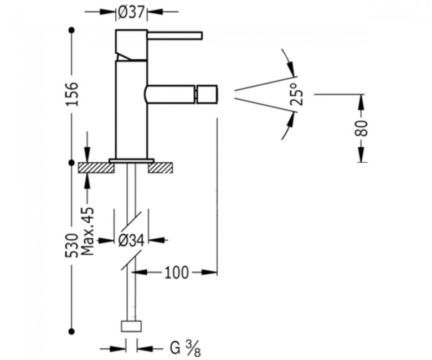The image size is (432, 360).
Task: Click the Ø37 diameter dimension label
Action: tap(131, 12)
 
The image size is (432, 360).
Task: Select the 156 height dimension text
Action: tap(72, 94)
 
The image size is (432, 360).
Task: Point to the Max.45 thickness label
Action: tap(88, 231)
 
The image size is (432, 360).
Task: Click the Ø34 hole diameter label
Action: tap(131, 240)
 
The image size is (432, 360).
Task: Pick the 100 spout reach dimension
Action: tap(177, 272)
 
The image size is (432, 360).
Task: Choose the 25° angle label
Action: tap(297, 94)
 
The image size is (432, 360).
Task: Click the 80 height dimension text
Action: tap(361, 128)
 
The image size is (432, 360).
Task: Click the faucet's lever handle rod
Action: tap(175, 35)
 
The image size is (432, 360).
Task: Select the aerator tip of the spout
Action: tap(207, 94)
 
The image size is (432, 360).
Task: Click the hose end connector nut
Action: tap(131, 326)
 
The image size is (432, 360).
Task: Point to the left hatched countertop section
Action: tap(96, 168)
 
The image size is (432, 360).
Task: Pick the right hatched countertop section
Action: tap(161, 168)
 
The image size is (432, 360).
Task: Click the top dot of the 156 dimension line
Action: tap(72, 30)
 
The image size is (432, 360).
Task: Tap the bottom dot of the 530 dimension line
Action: tap(72, 331)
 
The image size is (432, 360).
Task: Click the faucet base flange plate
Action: tap(131, 161)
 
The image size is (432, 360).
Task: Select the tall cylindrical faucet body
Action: tap(131, 110)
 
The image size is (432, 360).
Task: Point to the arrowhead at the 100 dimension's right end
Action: tap(210, 272)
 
